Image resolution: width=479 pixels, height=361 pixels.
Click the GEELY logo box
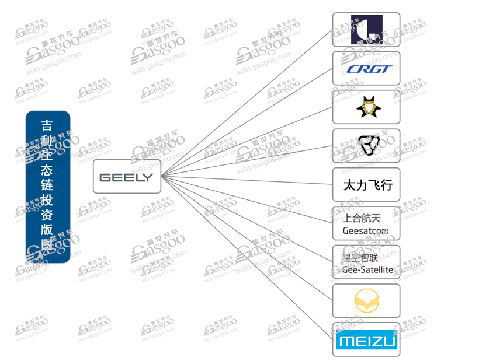click(x=127, y=177)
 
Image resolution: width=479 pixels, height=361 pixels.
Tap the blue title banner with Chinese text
click(x=48, y=187)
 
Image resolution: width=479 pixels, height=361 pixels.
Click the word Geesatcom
click(x=365, y=230)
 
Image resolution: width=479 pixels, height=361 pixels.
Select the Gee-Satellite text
click(x=367, y=269)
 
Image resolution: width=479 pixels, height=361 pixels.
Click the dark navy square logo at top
click(x=366, y=29)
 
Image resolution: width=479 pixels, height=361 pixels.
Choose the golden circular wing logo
click(x=366, y=301)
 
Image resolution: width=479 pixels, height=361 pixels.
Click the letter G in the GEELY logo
click(x=105, y=177)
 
